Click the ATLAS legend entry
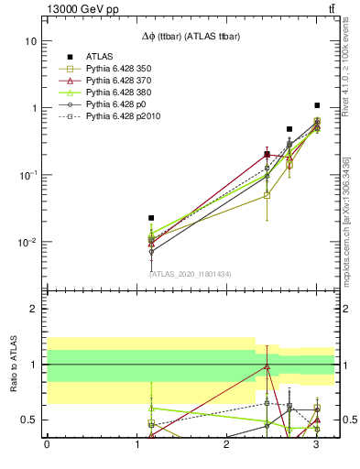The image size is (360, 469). pyautogui.click(x=100, y=56)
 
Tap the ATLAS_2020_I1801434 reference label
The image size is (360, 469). pyautogui.click(x=191, y=274)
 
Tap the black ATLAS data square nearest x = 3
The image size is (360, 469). pyautogui.click(x=317, y=105)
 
